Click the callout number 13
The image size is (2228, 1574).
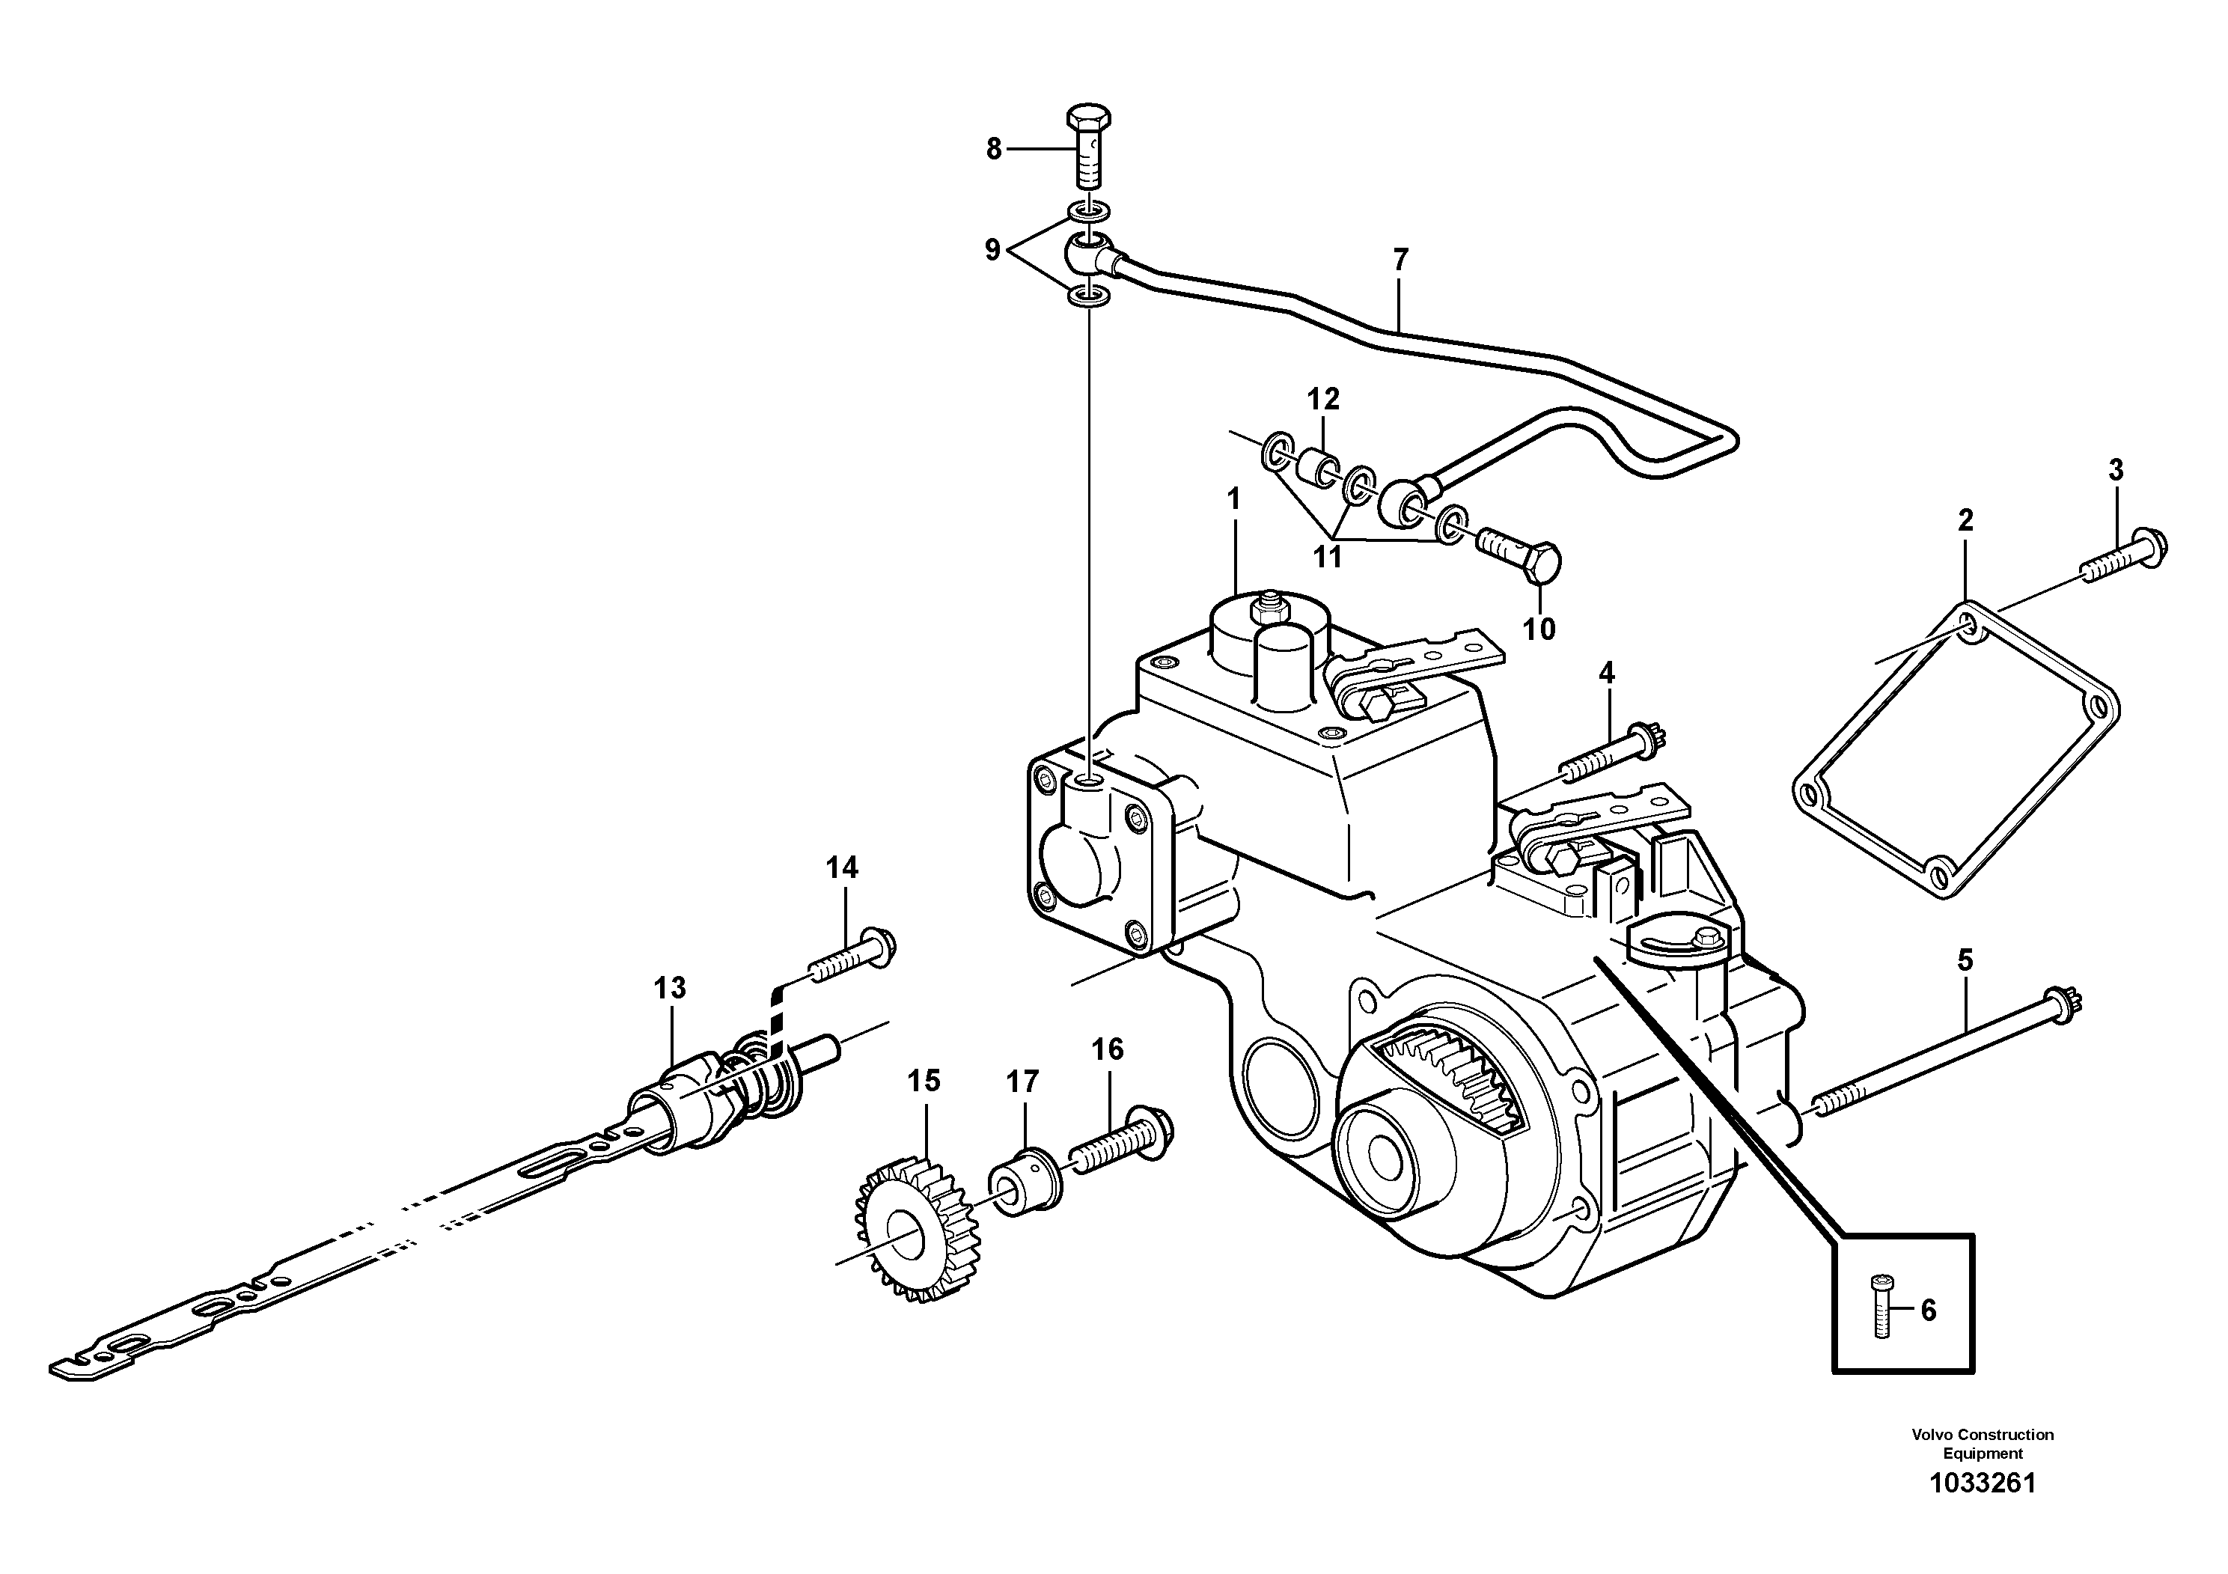coord(670,988)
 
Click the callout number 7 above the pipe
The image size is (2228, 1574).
coord(1400,260)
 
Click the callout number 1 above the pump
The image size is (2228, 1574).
coord(1233,500)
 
